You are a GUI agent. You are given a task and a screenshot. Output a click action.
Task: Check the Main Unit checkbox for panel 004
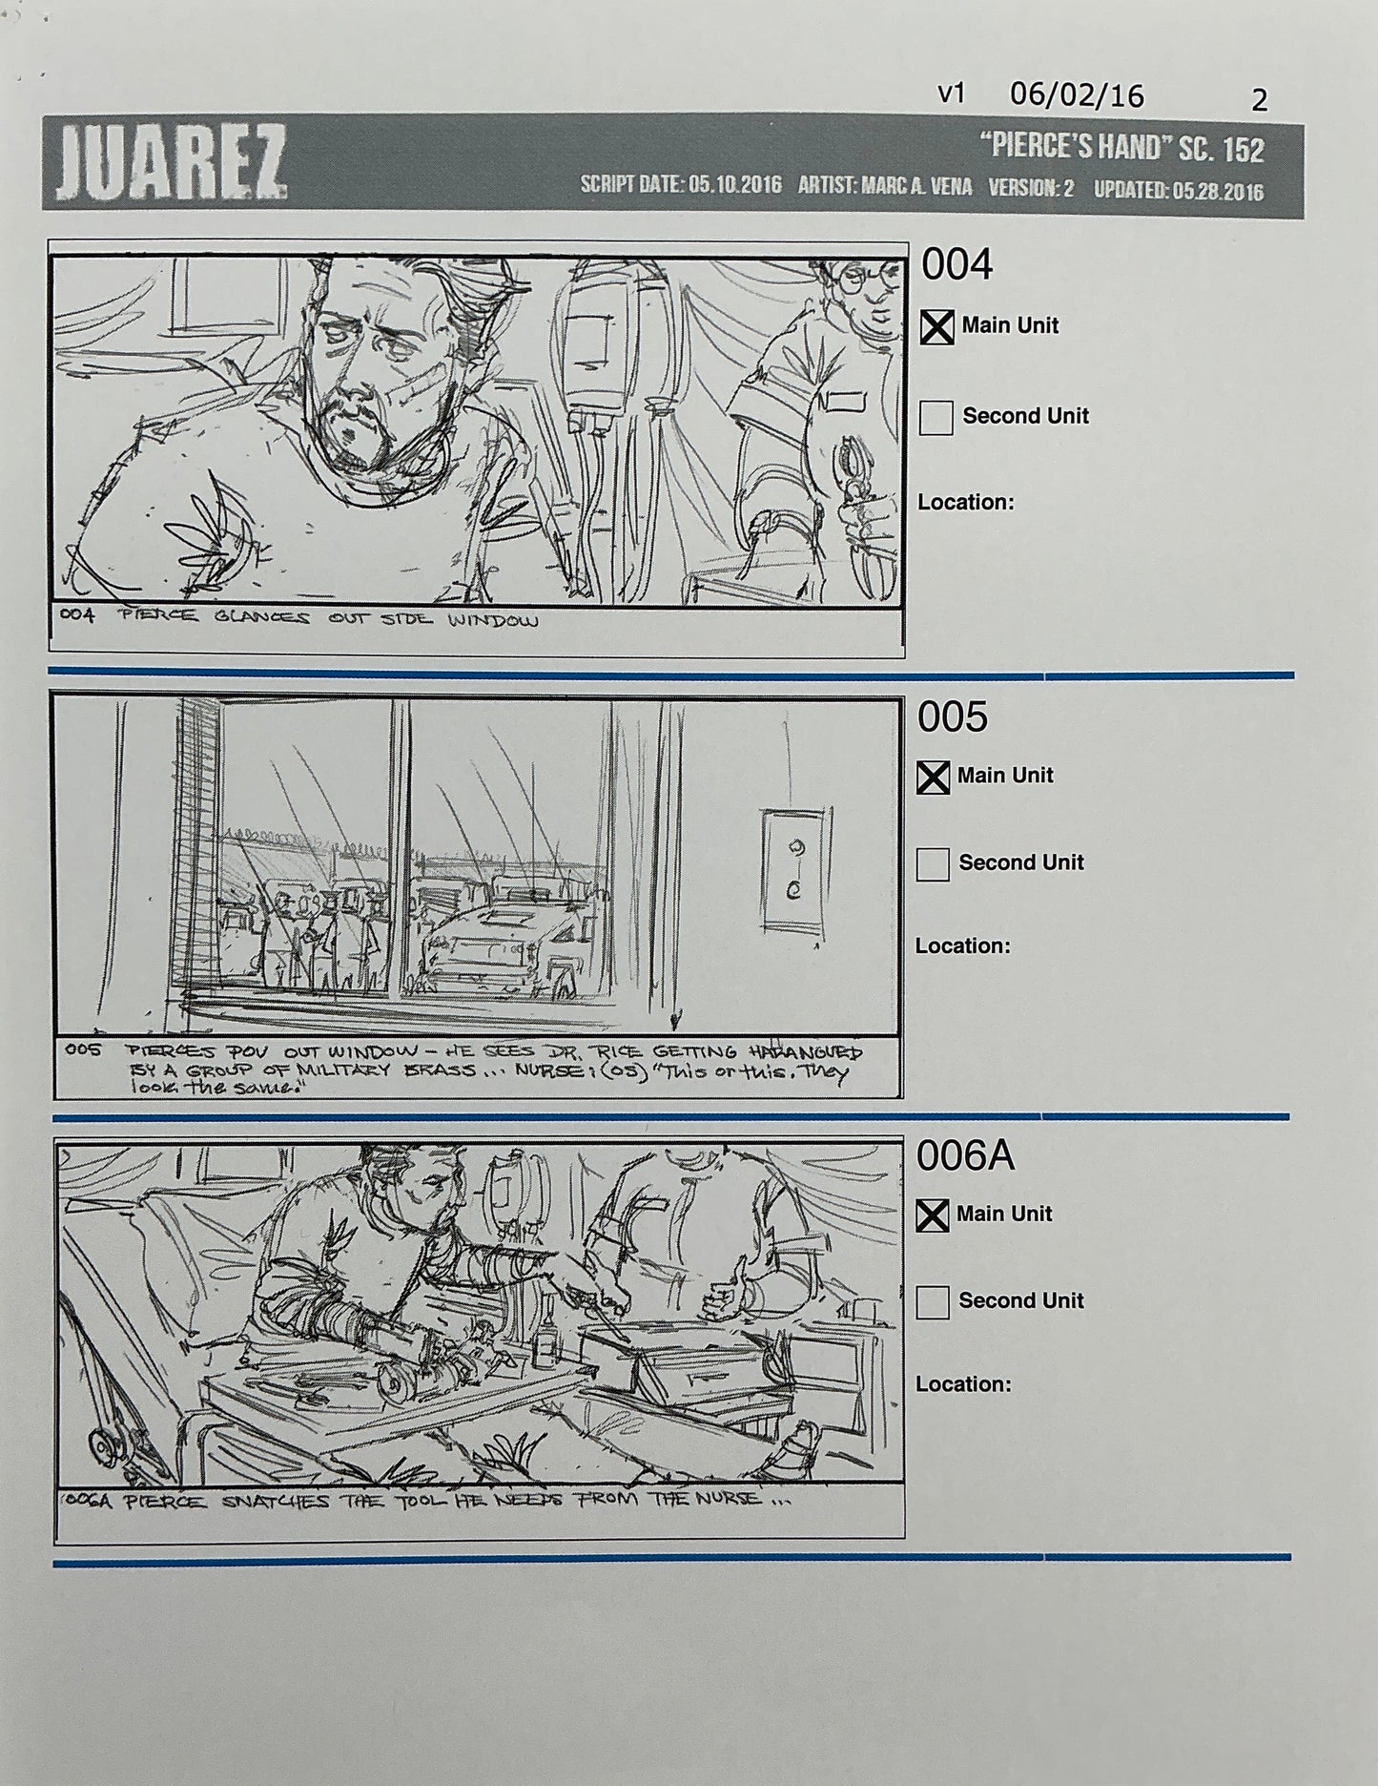point(936,327)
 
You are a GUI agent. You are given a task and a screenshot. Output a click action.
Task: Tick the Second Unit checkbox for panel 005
point(932,864)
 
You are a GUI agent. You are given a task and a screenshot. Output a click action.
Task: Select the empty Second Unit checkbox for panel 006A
point(932,1302)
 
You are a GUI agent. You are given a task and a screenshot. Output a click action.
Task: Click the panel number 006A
point(964,1156)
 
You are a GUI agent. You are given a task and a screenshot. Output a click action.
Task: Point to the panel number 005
point(952,717)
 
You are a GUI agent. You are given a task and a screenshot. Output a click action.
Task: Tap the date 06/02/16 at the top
point(1077,95)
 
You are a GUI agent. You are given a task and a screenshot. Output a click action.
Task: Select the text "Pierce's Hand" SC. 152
point(1121,148)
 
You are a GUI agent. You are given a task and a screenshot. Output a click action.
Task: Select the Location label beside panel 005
point(962,946)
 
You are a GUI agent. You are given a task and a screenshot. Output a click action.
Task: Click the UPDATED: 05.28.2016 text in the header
point(1178,190)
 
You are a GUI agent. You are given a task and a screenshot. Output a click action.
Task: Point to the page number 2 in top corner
point(1259,100)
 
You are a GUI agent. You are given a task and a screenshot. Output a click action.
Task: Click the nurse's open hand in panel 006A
point(728,1295)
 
